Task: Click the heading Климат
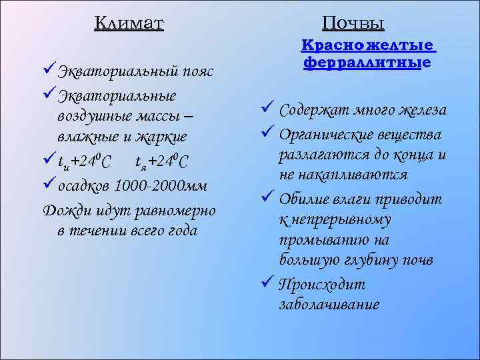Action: [129, 23]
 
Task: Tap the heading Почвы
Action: [353, 23]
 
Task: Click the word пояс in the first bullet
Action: [199, 71]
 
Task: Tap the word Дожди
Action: [65, 211]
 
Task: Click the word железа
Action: [424, 110]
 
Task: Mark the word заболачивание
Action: [329, 305]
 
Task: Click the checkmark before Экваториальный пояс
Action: [49, 70]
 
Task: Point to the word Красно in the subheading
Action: [328, 46]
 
